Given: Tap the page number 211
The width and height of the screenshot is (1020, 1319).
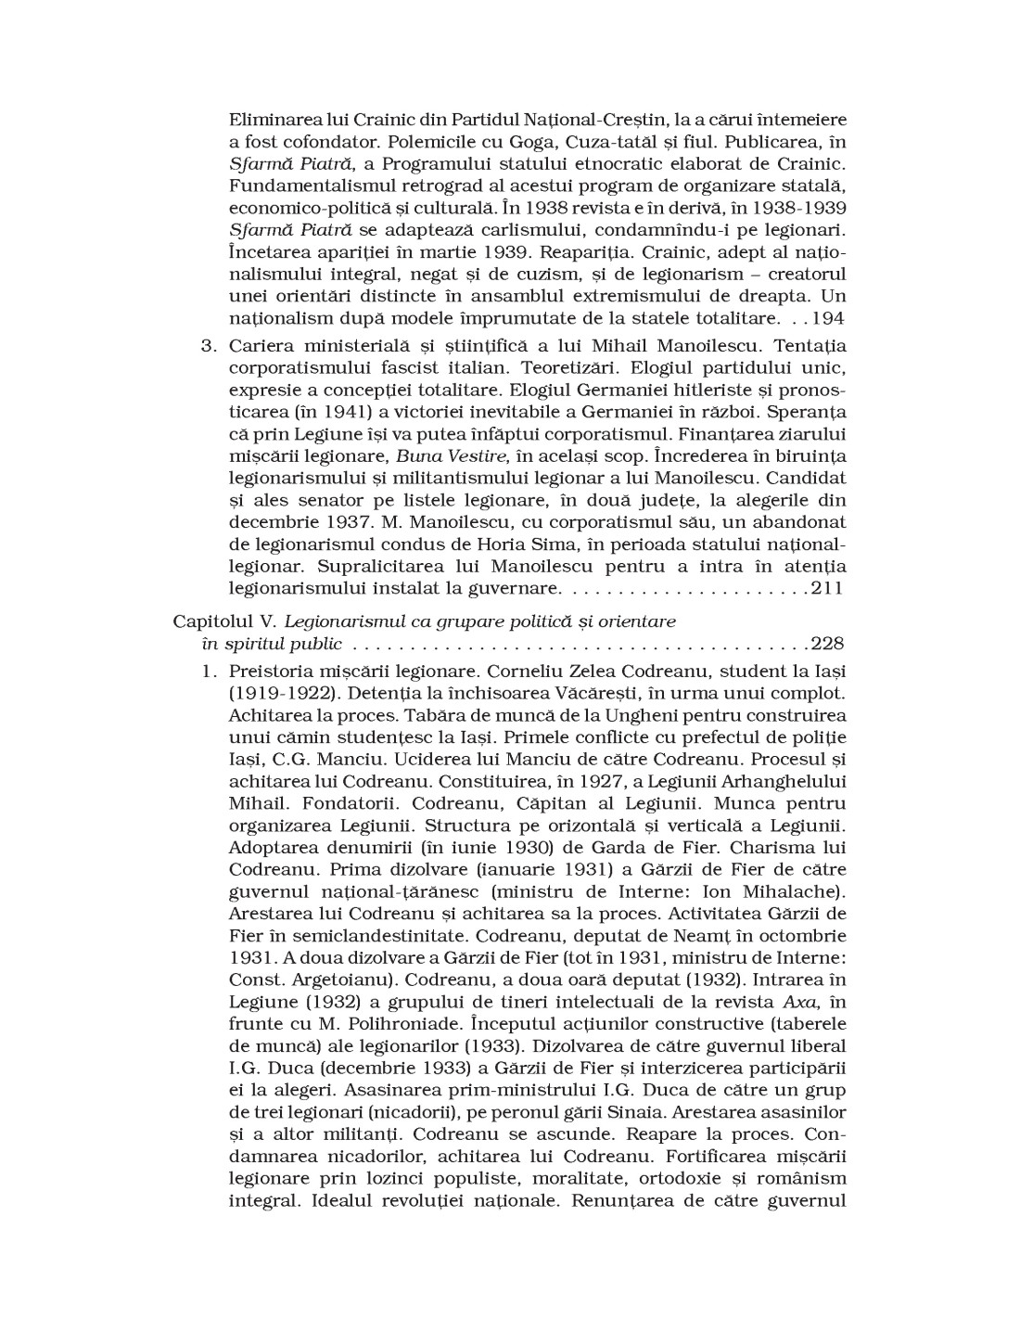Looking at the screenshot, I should (827, 588).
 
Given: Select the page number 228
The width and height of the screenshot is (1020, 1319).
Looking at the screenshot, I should (827, 644).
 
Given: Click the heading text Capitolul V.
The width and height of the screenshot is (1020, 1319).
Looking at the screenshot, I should (220, 621).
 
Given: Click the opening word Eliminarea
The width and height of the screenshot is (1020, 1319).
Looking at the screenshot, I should (273, 120).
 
